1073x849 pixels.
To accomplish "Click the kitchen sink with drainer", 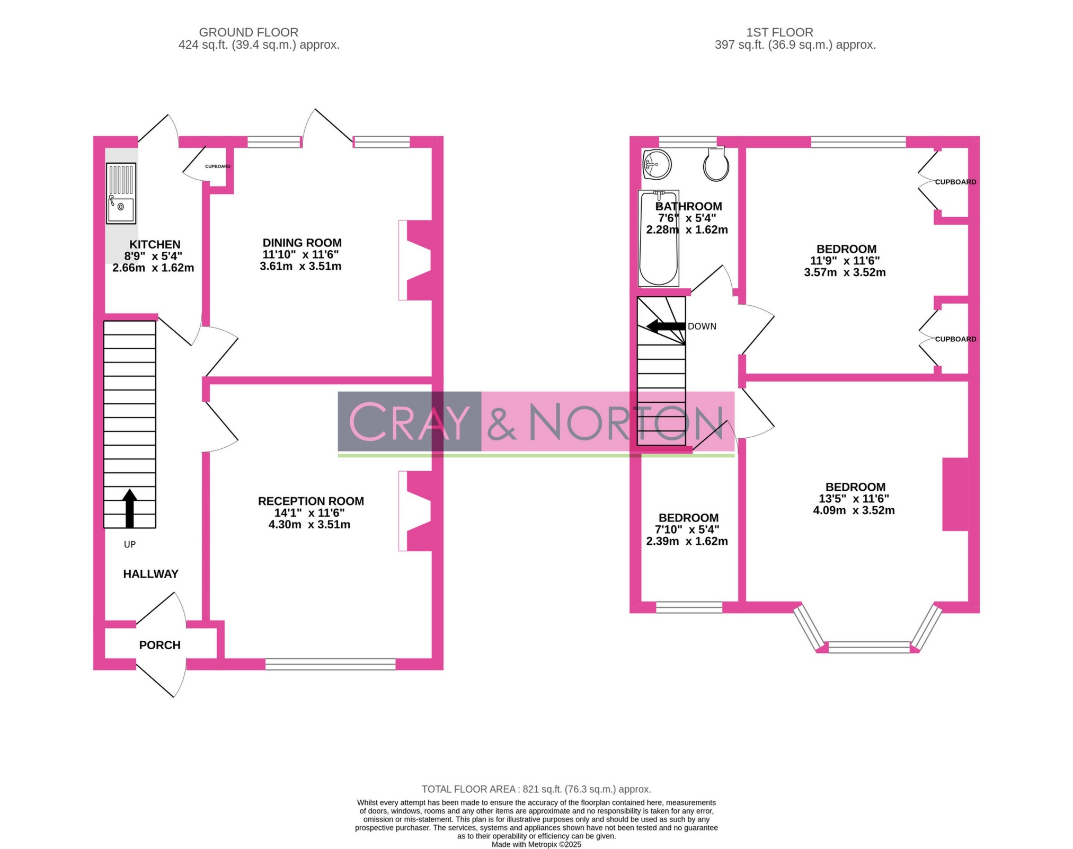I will [121, 193].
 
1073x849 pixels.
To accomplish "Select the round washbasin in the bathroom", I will [657, 164].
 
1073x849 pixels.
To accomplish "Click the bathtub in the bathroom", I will [659, 238].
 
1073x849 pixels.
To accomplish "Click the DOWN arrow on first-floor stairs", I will [666, 326].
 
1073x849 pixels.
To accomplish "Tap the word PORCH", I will [159, 645].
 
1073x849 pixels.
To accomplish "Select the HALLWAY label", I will [150, 573].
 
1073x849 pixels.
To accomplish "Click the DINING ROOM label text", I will [302, 243].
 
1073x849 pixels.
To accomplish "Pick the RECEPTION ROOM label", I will [311, 501].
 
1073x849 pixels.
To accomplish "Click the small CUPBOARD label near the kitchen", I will [217, 166].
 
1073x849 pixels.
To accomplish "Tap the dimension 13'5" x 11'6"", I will [853, 498].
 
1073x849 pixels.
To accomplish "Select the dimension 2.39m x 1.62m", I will [687, 541].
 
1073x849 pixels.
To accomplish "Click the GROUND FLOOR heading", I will [249, 32].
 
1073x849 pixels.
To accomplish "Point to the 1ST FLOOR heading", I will [779, 32].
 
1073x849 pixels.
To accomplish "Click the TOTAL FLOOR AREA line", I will [536, 789].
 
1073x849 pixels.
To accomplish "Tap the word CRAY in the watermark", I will [409, 422].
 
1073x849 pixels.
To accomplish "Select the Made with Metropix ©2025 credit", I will [536, 844].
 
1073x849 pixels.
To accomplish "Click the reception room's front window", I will [330, 664].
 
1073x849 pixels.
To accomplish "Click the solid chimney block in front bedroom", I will [955, 494].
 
